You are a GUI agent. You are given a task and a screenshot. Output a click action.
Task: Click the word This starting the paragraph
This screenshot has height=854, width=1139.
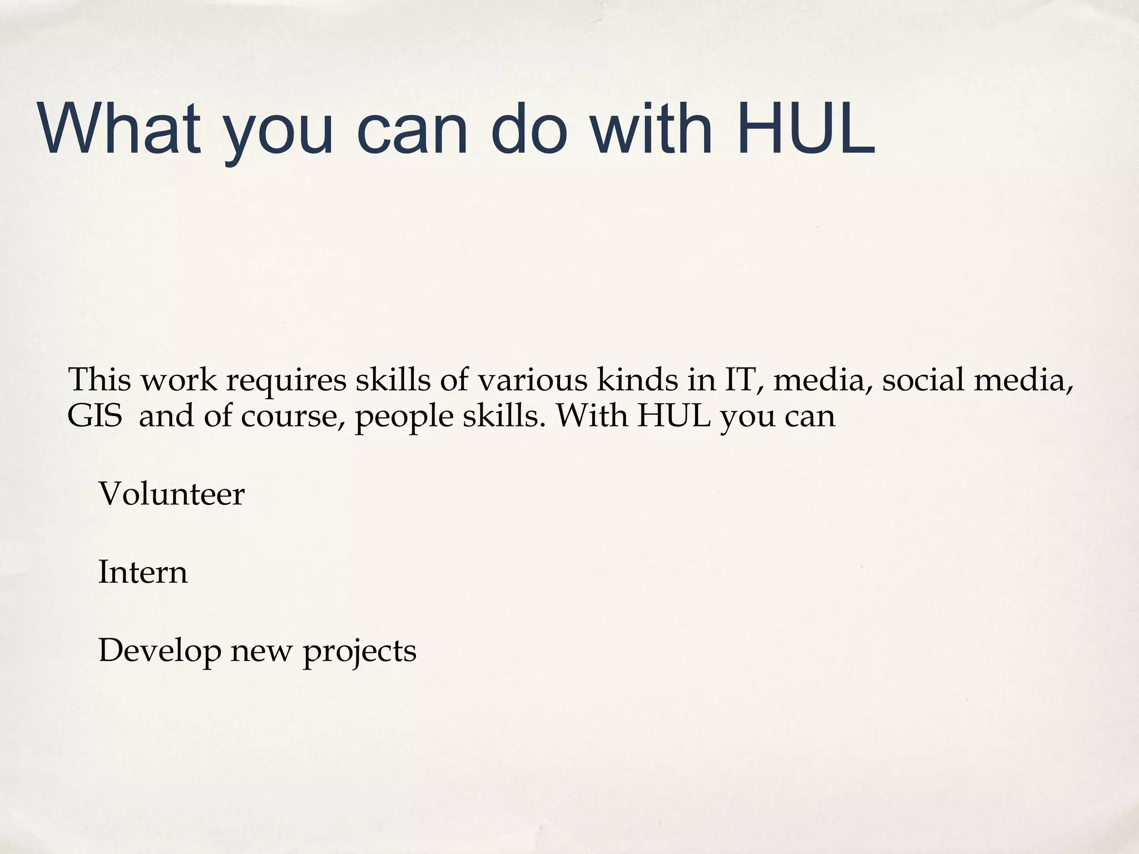click(100, 380)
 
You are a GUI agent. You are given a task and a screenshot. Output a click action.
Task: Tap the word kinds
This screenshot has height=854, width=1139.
click(636, 380)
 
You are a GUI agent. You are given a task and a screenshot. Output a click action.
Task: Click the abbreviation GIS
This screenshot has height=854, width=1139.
click(95, 415)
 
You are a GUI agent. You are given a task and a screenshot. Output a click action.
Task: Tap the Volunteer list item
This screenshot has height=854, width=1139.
click(171, 494)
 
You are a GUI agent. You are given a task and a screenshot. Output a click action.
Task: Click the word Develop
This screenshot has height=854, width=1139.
click(160, 651)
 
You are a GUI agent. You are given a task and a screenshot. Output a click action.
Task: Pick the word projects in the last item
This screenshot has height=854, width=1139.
click(359, 651)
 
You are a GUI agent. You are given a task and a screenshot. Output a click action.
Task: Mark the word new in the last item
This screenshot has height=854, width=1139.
click(261, 651)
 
